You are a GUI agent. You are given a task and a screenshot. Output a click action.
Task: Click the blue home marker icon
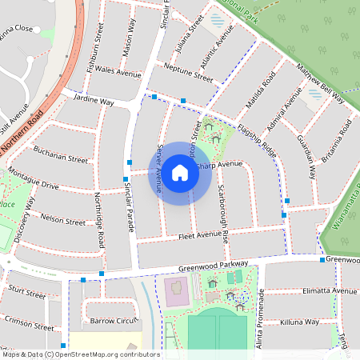(x=180, y=172)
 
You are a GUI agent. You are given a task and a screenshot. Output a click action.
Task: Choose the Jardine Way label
(x=93, y=103)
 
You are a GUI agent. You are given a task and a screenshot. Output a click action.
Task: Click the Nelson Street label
(x=62, y=221)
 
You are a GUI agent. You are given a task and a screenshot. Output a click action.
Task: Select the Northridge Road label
(x=100, y=219)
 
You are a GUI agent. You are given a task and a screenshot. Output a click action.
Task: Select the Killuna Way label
(x=300, y=322)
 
